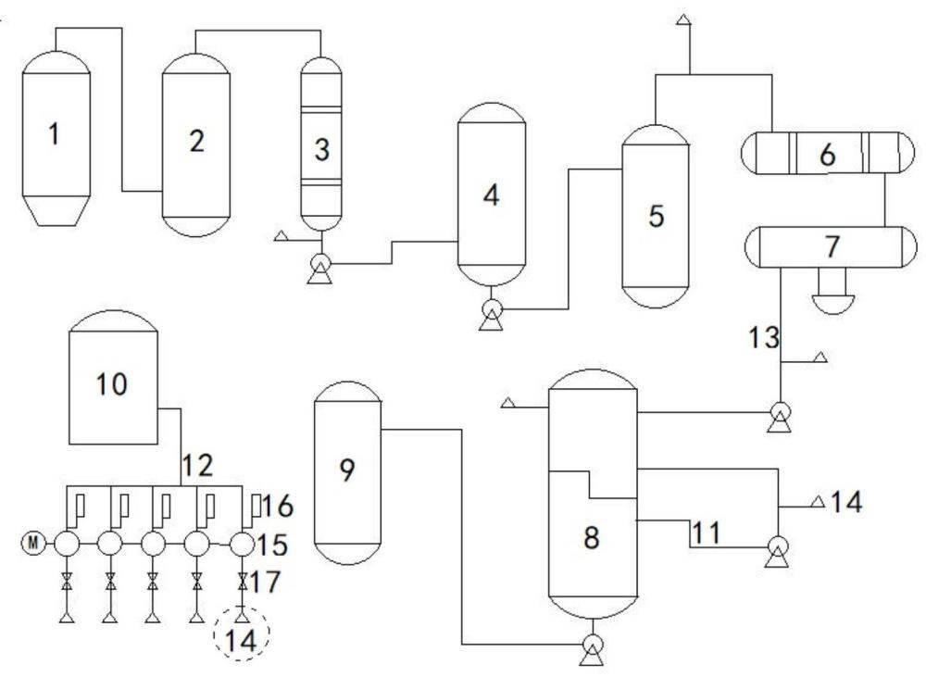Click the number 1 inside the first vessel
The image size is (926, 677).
tap(55, 133)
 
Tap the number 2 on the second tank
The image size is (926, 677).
tap(196, 141)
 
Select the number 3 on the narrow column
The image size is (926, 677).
tap(322, 149)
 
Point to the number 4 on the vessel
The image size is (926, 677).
tap(492, 194)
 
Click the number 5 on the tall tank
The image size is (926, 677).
tap(657, 216)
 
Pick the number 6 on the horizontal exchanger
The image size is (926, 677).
tap(827, 154)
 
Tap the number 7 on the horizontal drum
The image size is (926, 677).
tap(832, 247)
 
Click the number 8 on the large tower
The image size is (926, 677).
tap(591, 537)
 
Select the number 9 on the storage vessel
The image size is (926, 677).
tap(347, 470)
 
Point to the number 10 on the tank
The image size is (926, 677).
tap(112, 384)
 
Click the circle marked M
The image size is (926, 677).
tap(33, 543)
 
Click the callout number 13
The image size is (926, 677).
tap(764, 338)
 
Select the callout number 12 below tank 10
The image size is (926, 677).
tap(197, 466)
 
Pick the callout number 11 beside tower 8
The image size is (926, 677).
tap(707, 533)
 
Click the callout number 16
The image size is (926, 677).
tap(277, 507)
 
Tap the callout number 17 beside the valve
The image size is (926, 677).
tap(265, 582)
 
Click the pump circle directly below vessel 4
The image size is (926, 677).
tap(492, 308)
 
